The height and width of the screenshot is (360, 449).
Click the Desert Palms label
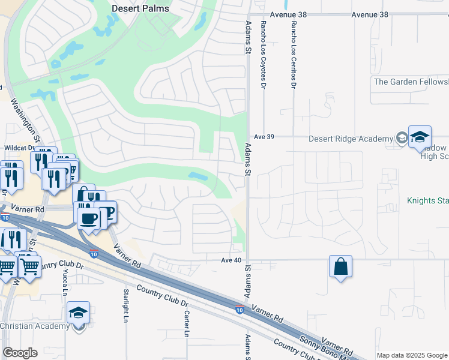(140, 8)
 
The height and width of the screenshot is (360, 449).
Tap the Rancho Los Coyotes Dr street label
(263, 54)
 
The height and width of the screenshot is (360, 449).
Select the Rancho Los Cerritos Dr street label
(294, 54)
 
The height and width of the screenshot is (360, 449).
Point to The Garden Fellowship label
(411, 82)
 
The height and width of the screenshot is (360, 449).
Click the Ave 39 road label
(264, 137)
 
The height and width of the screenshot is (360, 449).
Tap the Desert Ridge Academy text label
(350, 139)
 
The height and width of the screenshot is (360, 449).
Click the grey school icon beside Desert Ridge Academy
(400, 139)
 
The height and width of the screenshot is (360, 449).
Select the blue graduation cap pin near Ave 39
(420, 137)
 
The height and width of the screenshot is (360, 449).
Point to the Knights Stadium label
(427, 200)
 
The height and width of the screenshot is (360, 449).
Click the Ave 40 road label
(231, 260)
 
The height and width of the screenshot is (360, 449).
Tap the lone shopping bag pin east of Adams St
(340, 266)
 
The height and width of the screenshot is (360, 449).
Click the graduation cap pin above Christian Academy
(78, 313)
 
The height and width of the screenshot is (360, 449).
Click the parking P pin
(106, 212)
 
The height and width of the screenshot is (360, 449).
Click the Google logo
(20, 353)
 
